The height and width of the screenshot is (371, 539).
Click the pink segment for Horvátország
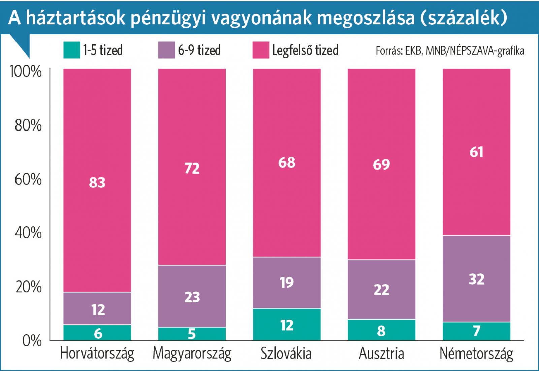[97, 135]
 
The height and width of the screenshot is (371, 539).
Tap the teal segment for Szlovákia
[287, 325]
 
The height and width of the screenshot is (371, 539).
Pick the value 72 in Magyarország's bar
[192, 168]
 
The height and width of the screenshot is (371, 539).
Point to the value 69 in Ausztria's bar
[381, 164]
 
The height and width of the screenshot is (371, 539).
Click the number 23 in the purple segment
[192, 297]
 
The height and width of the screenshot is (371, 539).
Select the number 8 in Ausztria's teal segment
[381, 331]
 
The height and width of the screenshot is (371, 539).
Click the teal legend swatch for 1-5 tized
[71, 50]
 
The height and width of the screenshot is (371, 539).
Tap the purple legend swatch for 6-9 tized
[166, 50]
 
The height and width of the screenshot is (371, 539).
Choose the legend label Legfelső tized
[305, 50]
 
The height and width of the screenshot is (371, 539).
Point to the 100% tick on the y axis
[26, 72]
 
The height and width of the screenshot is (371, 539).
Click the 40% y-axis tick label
[28, 233]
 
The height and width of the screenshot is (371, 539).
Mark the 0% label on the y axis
[32, 341]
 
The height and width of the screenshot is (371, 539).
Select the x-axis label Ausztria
[381, 353]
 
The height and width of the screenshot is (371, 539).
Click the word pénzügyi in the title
[168, 18]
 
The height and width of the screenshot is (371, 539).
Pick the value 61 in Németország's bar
[476, 152]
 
